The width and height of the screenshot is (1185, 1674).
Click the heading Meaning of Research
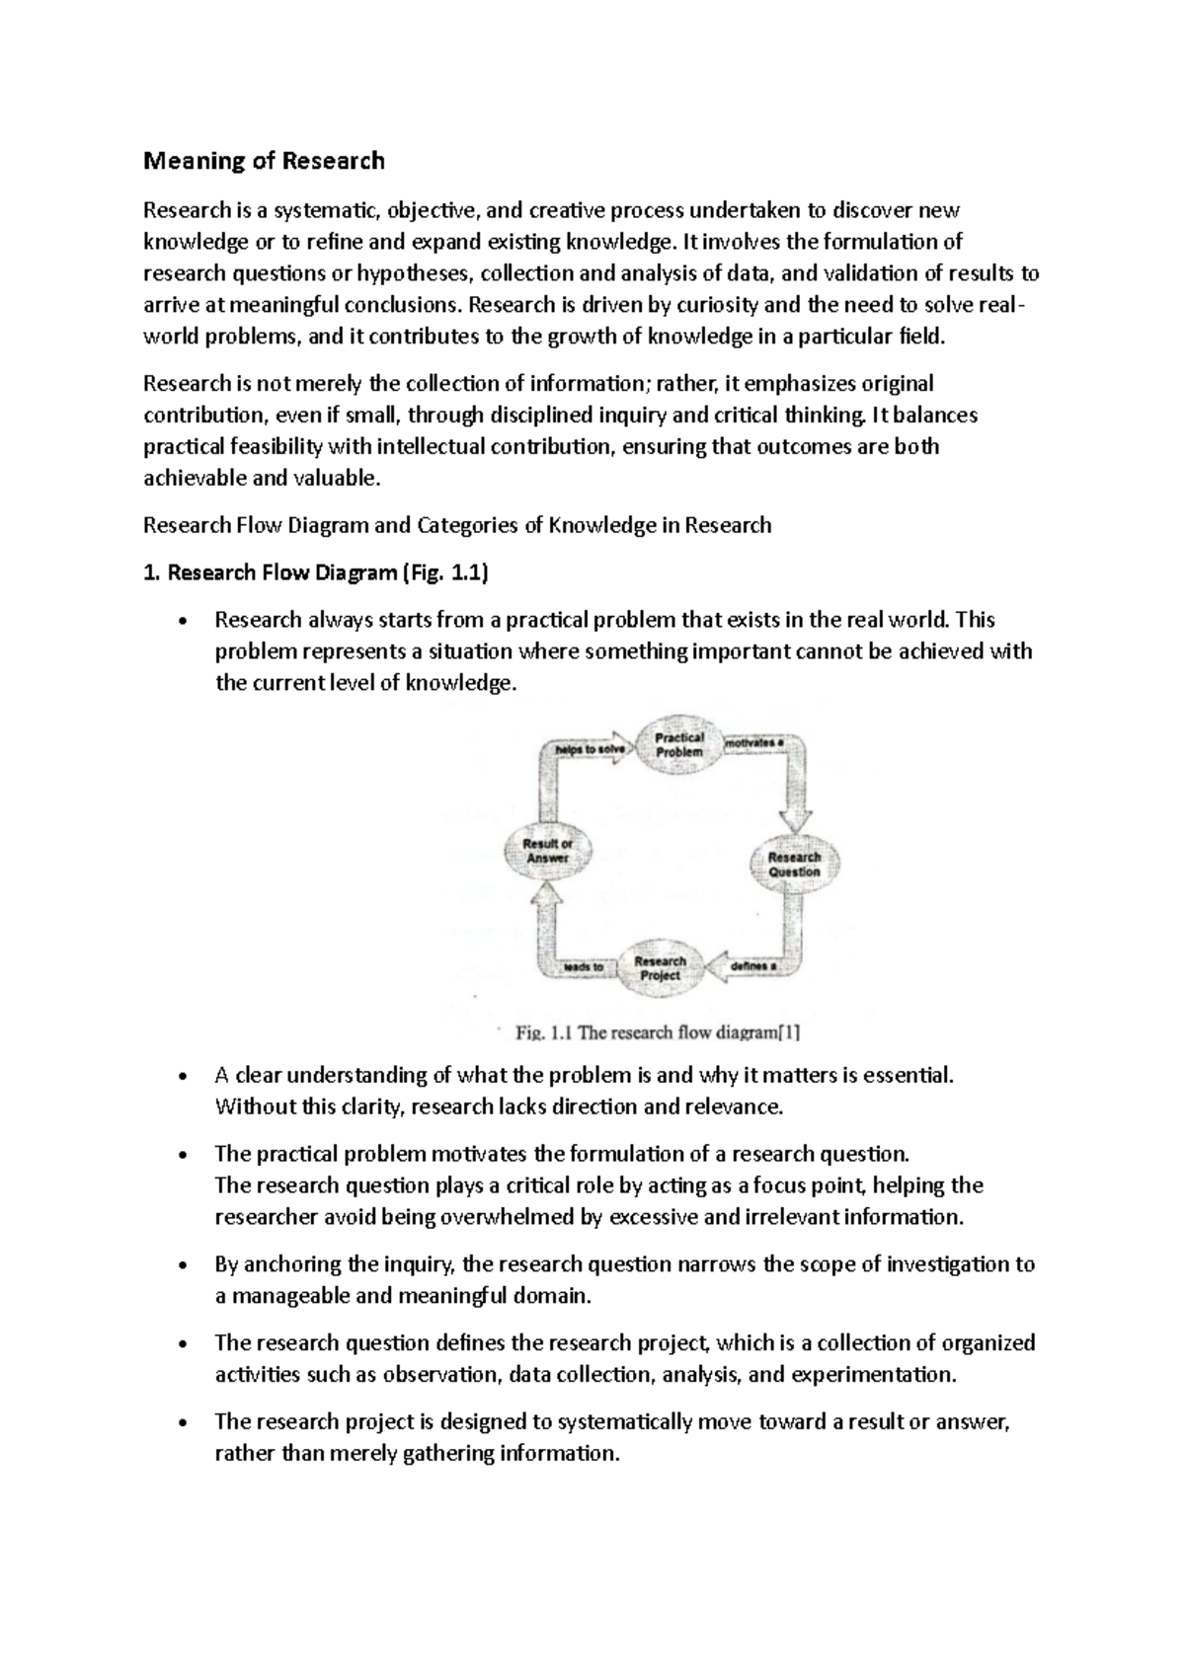tap(264, 160)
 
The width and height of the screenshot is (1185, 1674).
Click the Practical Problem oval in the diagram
tap(679, 744)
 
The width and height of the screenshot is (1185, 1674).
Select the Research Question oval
tap(794, 864)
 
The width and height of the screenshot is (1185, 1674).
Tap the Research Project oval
tap(660, 967)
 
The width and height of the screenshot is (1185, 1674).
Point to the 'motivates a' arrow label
tap(754, 741)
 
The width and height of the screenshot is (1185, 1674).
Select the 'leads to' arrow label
tap(583, 967)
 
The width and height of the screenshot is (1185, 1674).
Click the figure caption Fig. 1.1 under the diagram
tap(658, 1033)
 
